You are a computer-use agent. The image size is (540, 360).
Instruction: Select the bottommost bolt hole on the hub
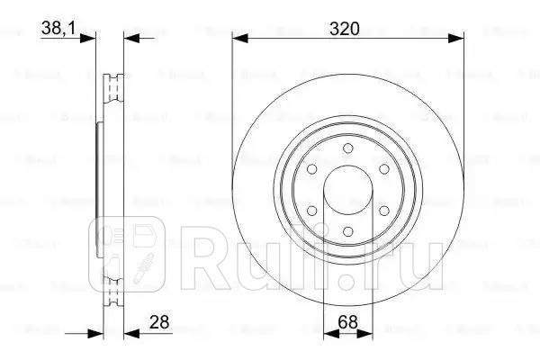346,233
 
